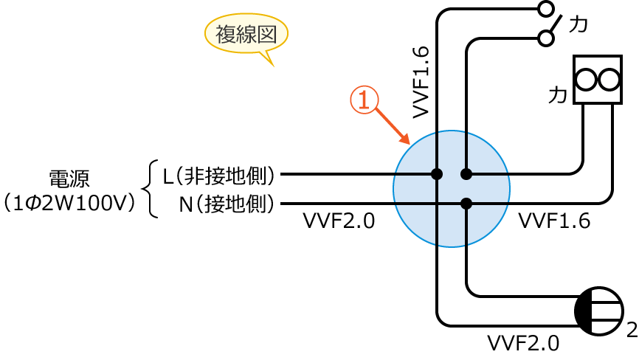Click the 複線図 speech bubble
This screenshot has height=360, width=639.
(x=246, y=34)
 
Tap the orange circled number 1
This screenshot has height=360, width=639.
(x=364, y=100)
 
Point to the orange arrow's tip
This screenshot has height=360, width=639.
(x=409, y=143)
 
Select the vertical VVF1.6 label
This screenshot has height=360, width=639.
(x=421, y=81)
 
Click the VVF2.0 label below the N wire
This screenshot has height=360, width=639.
(x=339, y=221)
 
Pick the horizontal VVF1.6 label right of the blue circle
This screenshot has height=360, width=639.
(x=554, y=221)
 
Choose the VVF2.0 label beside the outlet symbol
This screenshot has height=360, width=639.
(x=523, y=343)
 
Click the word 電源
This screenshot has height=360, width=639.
(x=69, y=179)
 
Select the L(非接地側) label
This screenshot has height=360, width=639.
(x=219, y=176)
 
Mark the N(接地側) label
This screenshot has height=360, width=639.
(x=227, y=204)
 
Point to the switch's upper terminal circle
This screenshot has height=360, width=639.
(x=545, y=9)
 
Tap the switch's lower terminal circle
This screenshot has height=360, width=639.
(x=545, y=38)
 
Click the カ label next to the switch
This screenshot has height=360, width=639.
(x=578, y=24)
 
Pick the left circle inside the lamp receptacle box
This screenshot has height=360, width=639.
(x=586, y=79)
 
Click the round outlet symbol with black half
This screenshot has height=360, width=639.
(x=598, y=311)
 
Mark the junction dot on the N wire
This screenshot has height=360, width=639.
(x=466, y=204)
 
